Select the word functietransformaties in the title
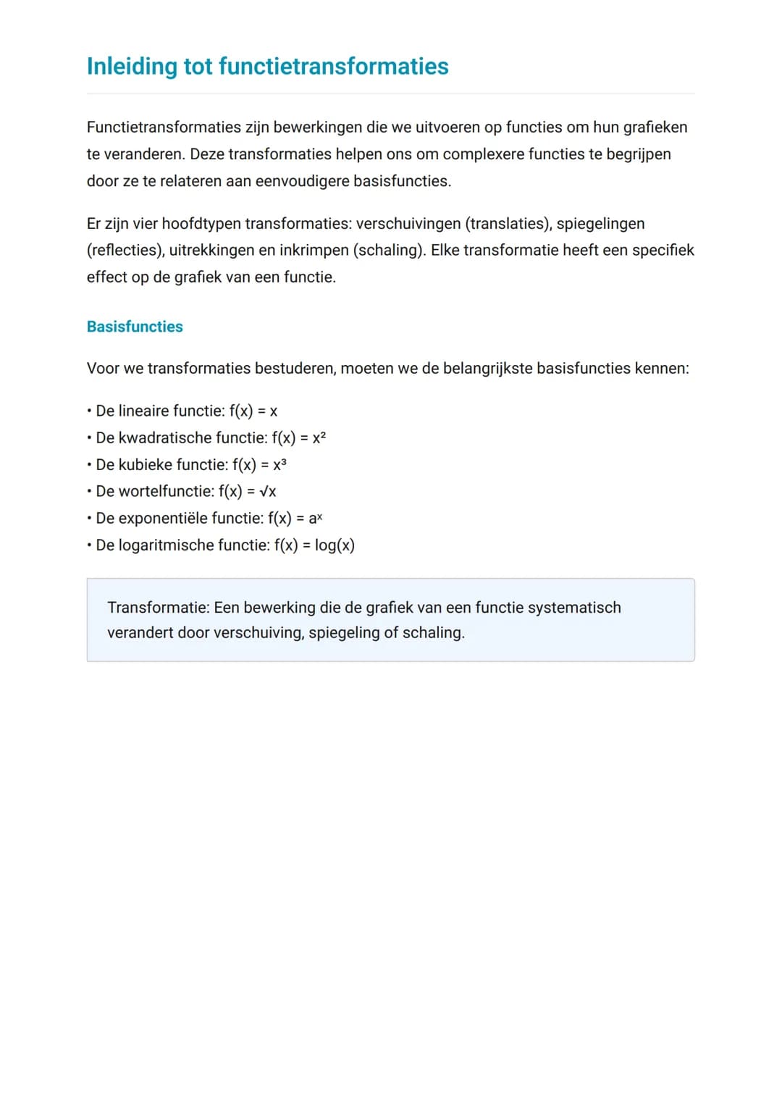click(333, 67)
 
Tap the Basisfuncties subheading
click(135, 327)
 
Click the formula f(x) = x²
click(299, 438)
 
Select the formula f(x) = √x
click(247, 492)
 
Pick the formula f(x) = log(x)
click(314, 545)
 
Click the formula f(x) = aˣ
click(295, 519)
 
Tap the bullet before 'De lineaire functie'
click(88, 411)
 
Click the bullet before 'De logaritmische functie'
click(88, 545)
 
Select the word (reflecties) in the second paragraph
click(125, 251)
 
